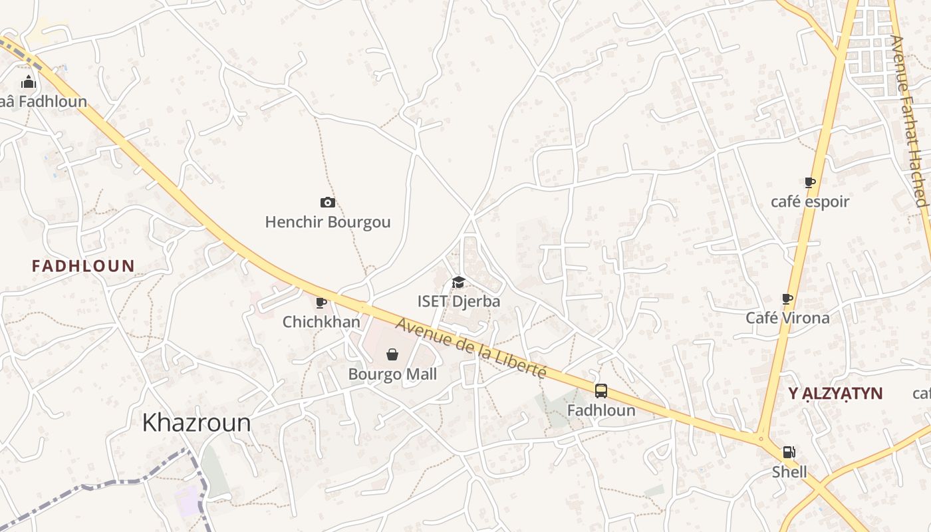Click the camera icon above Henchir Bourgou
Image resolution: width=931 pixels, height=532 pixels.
327,203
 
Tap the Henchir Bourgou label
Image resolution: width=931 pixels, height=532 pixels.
327,222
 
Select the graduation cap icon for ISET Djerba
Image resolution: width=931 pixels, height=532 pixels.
458,283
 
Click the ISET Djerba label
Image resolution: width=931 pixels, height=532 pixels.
458,301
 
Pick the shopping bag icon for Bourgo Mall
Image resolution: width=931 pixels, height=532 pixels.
392,354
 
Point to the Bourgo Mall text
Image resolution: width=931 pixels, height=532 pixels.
392,374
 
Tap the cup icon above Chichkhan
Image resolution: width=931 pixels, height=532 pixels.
321,303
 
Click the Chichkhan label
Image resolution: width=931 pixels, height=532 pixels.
321,322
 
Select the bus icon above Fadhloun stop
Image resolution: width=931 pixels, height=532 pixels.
600,391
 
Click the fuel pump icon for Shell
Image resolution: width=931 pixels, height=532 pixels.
789,453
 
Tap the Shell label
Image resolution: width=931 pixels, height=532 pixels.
789,472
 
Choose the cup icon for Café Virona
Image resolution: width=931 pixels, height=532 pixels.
787,299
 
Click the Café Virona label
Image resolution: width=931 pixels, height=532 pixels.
787,318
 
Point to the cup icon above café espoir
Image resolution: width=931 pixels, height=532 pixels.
809,182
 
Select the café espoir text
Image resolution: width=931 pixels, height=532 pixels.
809,201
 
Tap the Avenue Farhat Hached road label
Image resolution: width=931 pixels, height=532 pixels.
908,120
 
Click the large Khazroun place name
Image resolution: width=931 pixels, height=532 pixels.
196,423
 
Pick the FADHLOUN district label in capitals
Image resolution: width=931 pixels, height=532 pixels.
83,267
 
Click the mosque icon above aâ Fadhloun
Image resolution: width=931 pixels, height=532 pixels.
29,82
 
